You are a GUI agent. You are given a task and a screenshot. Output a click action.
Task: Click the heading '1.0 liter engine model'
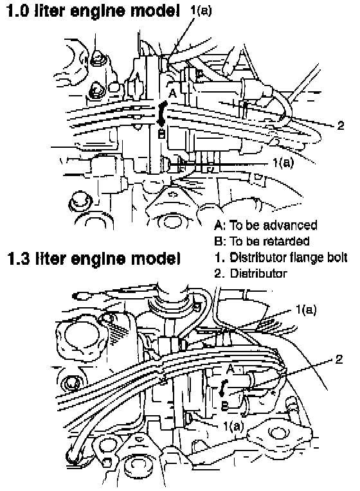[93, 10]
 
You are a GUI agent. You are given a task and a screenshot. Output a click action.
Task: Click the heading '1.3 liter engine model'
[94, 258]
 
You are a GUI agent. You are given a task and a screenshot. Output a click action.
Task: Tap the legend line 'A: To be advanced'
[265, 225]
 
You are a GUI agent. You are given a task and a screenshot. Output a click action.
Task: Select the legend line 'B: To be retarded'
[262, 241]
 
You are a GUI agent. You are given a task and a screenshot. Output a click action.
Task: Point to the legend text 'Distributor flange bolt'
[289, 258]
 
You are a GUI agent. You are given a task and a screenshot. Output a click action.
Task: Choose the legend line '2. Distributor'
[251, 273]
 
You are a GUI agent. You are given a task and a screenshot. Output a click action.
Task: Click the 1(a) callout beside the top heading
[201, 10]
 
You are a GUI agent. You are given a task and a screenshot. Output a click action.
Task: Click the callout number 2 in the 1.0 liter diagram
[340, 125]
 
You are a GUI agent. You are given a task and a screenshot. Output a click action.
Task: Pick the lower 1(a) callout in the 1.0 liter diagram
[283, 163]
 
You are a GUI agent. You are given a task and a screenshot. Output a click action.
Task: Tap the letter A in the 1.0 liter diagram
[173, 93]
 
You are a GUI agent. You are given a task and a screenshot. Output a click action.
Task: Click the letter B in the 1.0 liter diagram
[161, 135]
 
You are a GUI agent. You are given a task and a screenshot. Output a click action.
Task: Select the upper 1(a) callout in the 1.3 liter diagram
[306, 310]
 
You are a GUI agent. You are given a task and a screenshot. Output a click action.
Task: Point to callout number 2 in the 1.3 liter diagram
[339, 359]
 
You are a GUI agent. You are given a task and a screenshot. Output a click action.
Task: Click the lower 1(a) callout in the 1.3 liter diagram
[233, 425]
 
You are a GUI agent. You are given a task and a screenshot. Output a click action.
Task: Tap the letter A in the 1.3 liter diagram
[230, 369]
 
